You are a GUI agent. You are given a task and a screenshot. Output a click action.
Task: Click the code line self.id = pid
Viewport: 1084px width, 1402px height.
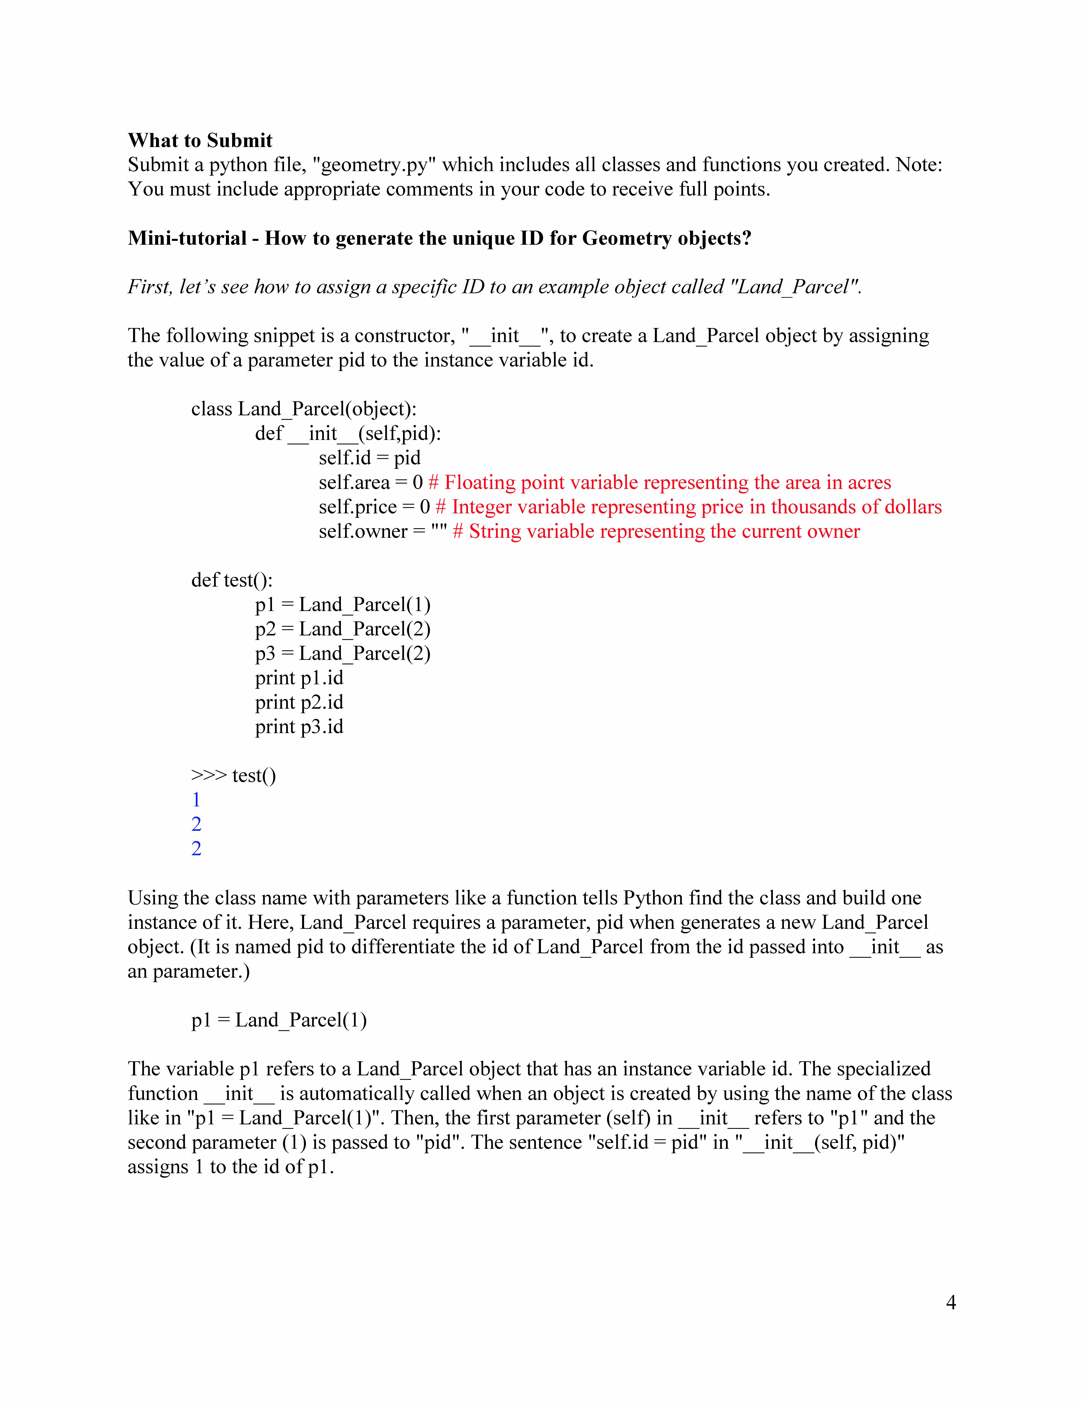tap(369, 458)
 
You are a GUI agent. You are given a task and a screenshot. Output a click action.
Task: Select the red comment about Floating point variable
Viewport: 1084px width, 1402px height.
tap(660, 482)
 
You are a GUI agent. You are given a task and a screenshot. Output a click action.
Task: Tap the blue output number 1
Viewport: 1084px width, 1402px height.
tap(196, 800)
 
